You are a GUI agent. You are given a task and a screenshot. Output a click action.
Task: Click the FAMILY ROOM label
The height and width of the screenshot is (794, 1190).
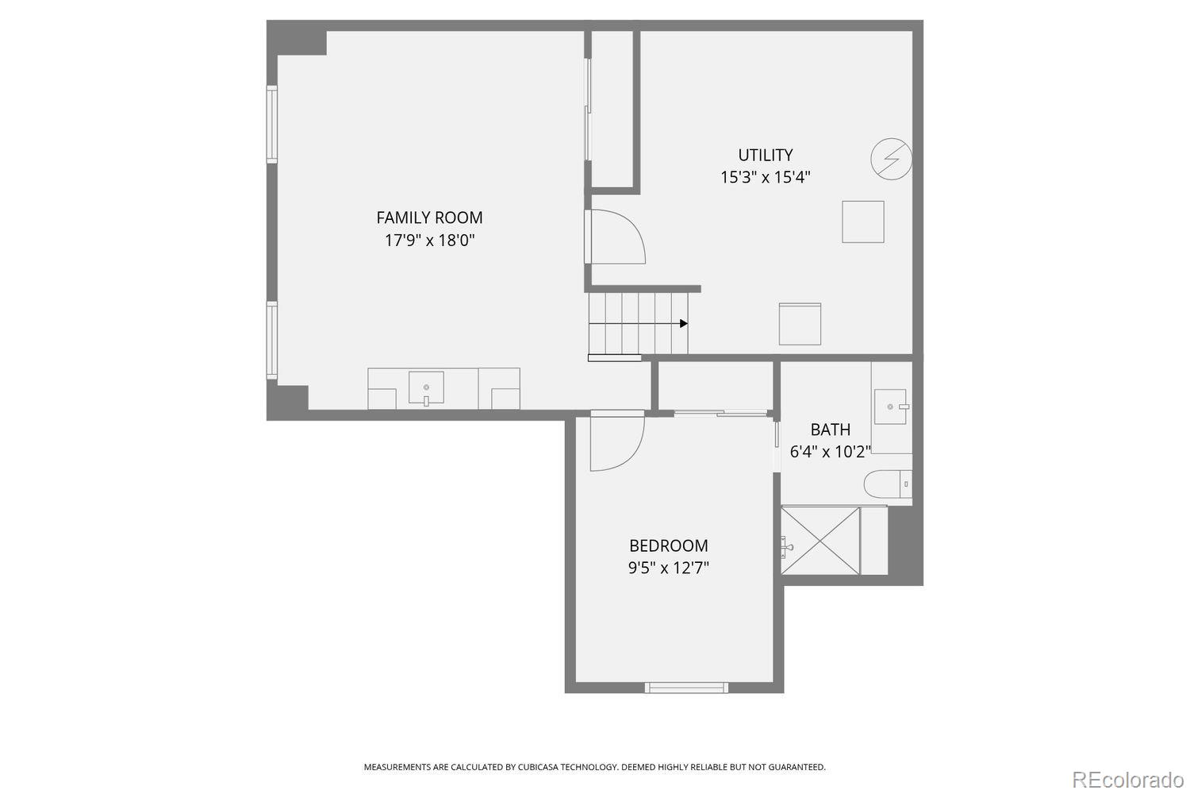(429, 218)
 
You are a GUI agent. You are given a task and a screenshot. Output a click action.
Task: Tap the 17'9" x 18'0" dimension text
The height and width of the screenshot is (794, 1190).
(429, 241)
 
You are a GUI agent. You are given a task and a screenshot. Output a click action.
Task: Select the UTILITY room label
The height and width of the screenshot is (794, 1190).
(765, 155)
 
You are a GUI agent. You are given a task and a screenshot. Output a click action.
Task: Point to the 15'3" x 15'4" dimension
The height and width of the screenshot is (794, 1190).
(765, 177)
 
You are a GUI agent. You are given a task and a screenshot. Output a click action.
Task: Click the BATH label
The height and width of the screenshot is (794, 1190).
(830, 430)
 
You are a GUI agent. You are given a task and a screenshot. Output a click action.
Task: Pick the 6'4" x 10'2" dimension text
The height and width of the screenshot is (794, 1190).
(830, 452)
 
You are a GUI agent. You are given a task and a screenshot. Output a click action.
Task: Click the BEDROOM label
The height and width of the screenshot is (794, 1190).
(668, 545)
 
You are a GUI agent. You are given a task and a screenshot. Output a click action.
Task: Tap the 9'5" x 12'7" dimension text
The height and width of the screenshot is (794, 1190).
(668, 568)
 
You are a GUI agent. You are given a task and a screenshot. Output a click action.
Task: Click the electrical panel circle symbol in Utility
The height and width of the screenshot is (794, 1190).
(892, 159)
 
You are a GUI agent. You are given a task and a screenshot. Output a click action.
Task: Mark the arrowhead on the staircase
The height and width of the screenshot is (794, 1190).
(684, 323)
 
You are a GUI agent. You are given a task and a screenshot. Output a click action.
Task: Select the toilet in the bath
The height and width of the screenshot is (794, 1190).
(887, 484)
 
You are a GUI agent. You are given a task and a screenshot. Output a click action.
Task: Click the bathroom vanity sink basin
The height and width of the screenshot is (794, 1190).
(891, 407)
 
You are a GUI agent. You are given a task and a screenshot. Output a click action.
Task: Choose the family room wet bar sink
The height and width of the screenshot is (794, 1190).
(426, 388)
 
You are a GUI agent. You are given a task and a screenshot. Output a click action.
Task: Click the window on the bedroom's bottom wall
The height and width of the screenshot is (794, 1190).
(686, 688)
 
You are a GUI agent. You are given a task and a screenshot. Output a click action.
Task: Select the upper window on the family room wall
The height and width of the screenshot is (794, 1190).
(271, 124)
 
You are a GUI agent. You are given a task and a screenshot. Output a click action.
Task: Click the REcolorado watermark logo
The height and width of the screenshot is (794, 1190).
(1127, 780)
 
